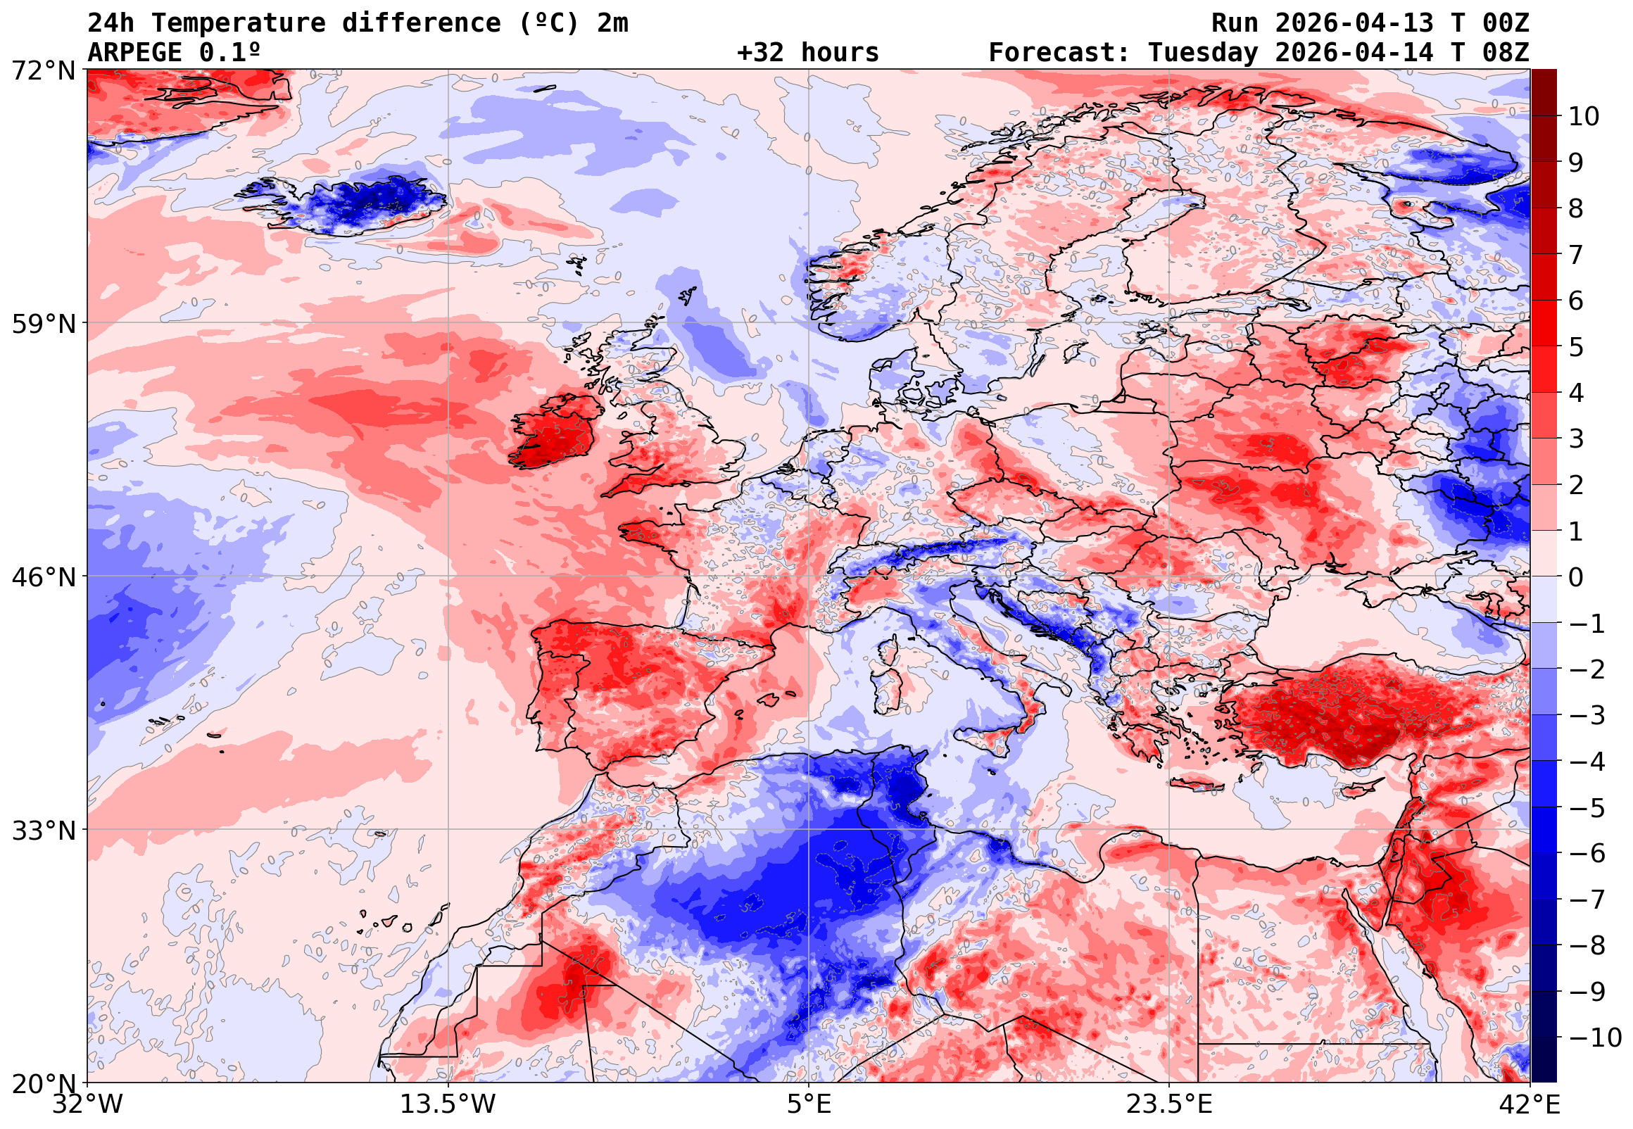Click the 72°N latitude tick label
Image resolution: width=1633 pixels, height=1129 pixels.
click(43, 71)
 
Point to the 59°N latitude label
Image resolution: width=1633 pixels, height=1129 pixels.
click(43, 324)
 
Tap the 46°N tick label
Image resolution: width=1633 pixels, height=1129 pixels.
click(43, 577)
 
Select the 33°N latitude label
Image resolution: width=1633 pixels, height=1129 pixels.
click(43, 830)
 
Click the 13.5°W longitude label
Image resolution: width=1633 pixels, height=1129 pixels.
click(448, 1104)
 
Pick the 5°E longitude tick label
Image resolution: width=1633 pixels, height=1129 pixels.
click(808, 1104)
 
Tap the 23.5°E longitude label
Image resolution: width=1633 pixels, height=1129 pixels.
click(1168, 1104)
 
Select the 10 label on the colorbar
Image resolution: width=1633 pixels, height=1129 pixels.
click(1584, 117)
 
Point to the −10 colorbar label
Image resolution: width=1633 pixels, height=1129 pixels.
click(1595, 1037)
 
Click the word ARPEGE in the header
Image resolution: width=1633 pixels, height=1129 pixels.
click(134, 53)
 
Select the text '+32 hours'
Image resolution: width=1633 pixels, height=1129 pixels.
click(807, 53)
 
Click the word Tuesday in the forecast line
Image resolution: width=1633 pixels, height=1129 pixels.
click(1202, 53)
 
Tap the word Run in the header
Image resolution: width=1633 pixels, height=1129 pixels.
click(1235, 23)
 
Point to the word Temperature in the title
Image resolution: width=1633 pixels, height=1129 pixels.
click(238, 23)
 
